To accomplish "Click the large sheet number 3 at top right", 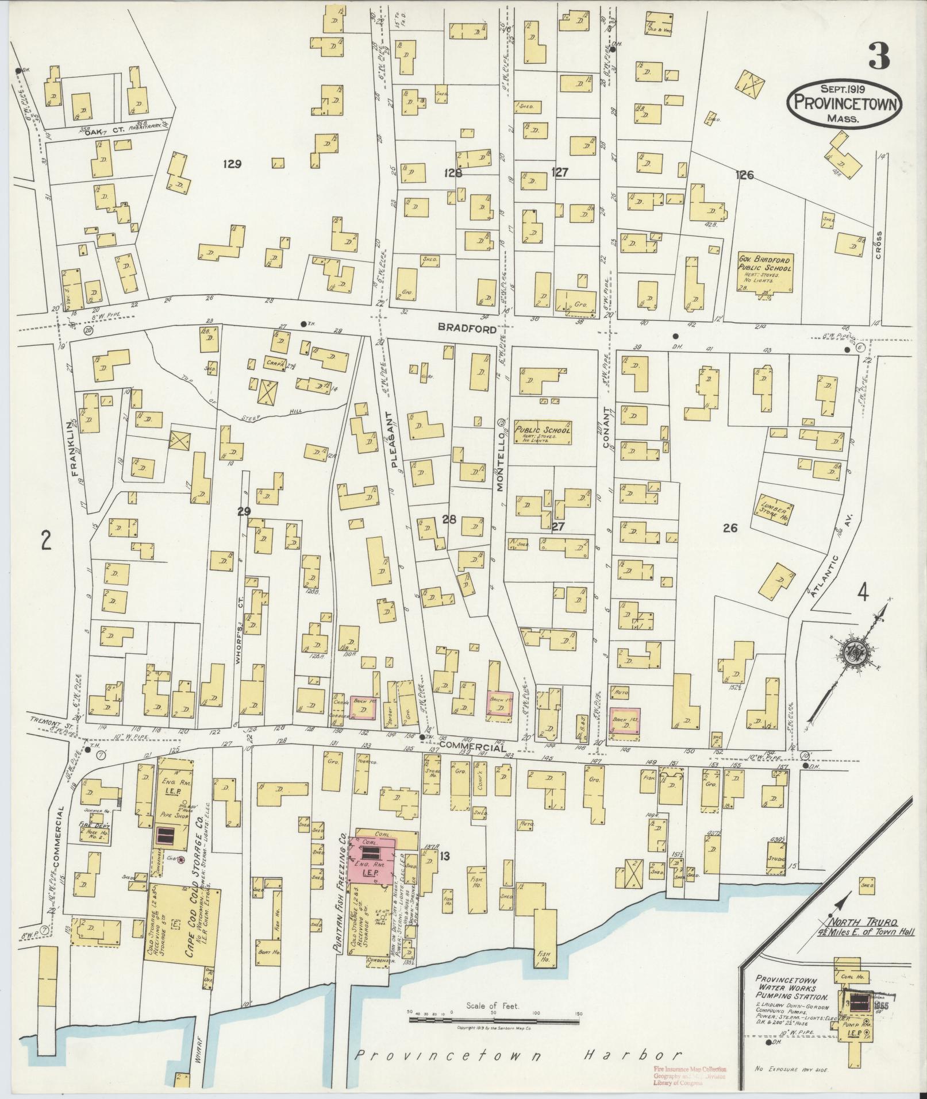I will (x=879, y=56).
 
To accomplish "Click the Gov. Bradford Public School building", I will (x=764, y=271).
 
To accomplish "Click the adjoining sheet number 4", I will (x=862, y=592).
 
